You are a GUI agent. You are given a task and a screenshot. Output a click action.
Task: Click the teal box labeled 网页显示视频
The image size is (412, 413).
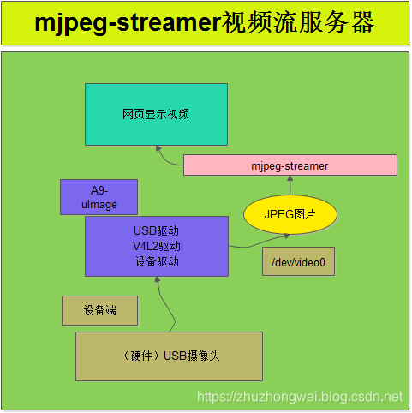pyautogui.click(x=156, y=114)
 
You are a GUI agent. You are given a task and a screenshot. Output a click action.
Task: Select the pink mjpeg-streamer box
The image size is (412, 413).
pyautogui.click(x=290, y=165)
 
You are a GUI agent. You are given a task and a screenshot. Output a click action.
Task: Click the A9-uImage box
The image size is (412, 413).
pyautogui.click(x=99, y=197)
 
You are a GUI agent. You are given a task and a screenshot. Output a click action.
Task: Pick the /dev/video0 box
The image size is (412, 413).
pyautogui.click(x=298, y=262)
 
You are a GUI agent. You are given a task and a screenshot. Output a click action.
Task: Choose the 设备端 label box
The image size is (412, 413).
pyautogui.click(x=99, y=310)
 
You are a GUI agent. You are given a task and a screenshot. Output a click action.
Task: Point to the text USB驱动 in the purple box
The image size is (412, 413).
pyautogui.click(x=156, y=231)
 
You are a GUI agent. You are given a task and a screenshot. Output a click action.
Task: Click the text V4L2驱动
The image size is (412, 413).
pyautogui.click(x=156, y=247)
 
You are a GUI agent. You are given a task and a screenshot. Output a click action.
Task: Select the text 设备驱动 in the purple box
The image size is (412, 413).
pyautogui.click(x=156, y=261)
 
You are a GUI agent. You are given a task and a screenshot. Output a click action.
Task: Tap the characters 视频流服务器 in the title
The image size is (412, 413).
pyautogui.click(x=297, y=23)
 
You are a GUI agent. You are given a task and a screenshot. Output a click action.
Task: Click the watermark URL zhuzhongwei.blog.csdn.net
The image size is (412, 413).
pyautogui.click(x=299, y=397)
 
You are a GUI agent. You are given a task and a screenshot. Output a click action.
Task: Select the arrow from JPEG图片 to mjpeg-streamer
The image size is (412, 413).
pyautogui.click(x=290, y=186)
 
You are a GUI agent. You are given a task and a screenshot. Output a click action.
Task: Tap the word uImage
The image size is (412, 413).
pyautogui.click(x=99, y=205)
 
